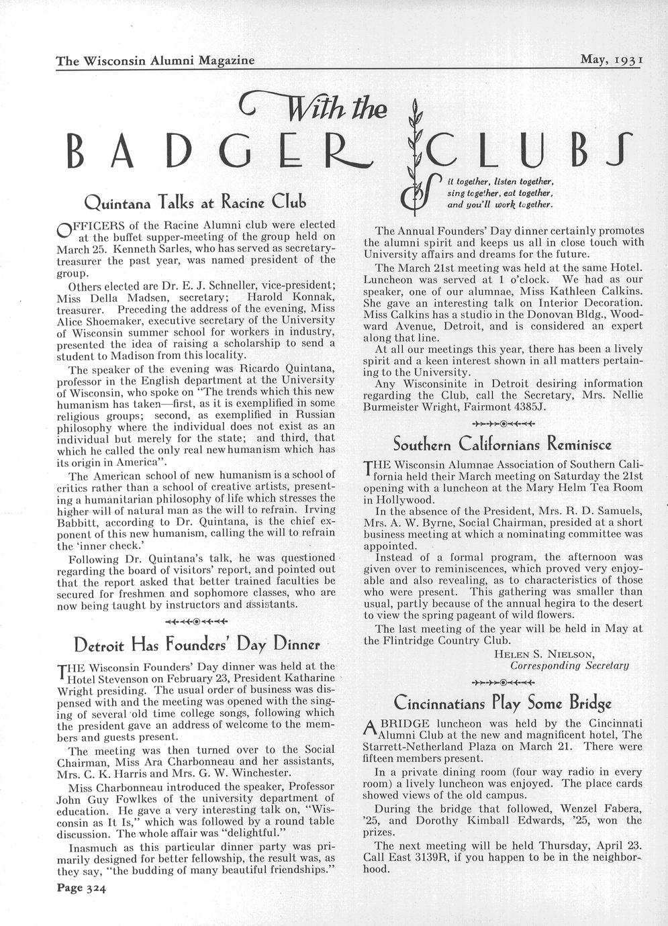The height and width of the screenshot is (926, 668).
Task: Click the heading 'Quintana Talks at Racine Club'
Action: [x=195, y=201]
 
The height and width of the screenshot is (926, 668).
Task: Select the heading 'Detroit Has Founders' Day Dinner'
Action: [x=195, y=645]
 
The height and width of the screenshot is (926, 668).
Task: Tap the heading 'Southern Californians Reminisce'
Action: [x=502, y=444]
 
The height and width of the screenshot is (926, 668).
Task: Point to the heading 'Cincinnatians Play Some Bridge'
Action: [x=502, y=704]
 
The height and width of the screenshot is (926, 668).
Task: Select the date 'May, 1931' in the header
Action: [x=612, y=59]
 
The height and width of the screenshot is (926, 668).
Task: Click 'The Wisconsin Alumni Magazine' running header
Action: [x=155, y=60]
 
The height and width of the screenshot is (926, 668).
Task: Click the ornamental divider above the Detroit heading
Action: [x=196, y=620]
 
